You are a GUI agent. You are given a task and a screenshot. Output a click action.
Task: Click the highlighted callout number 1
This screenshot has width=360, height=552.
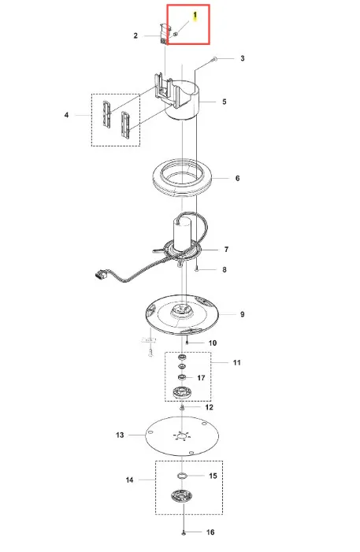tap(195, 16)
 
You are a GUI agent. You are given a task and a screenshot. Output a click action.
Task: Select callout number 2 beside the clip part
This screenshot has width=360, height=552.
tap(135, 35)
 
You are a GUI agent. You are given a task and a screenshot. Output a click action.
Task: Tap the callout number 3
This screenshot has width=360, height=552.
tap(243, 58)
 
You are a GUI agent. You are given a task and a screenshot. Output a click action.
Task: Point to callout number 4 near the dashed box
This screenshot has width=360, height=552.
tap(67, 115)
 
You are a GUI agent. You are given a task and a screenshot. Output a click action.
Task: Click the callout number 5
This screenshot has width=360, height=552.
tap(225, 102)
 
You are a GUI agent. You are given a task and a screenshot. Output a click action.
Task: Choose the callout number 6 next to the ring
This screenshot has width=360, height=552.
tap(237, 178)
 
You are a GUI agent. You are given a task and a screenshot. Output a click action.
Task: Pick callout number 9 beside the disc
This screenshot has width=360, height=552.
tap(243, 314)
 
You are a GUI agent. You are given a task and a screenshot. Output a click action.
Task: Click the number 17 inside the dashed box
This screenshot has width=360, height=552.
tap(201, 378)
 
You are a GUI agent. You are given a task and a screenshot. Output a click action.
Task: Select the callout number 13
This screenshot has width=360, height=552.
tap(120, 435)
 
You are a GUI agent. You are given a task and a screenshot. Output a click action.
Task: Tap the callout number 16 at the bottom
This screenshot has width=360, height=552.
tap(210, 532)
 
